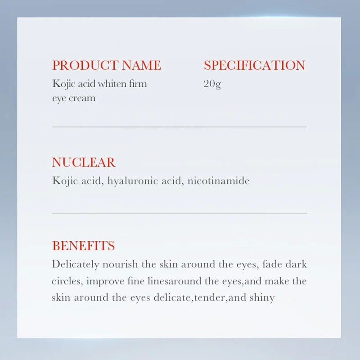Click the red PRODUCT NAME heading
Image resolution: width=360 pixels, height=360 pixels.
[106, 65]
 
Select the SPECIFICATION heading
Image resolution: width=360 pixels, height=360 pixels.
[254, 65]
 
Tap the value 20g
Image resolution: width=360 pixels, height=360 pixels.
[212, 84]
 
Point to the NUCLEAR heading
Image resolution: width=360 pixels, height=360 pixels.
[84, 162]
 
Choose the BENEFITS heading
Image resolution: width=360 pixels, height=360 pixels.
[83, 246]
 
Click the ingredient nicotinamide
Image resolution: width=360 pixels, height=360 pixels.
[219, 181]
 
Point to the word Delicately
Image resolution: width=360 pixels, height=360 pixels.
[76, 264]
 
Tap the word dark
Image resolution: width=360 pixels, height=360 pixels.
[297, 264]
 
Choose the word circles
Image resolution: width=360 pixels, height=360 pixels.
[66, 281]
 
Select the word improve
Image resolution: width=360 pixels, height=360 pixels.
[104, 281]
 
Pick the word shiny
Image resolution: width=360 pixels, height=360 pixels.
[261, 298]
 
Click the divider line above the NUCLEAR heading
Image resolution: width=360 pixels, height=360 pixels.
[180, 127]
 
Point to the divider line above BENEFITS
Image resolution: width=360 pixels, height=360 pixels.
[180, 213]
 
